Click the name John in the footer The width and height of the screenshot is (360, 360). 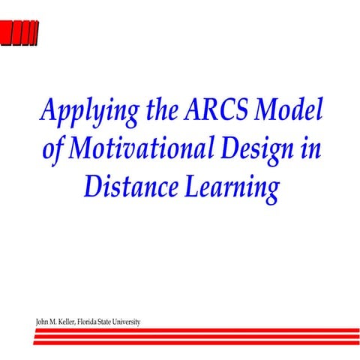43,322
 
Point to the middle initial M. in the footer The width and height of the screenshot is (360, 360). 55,322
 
